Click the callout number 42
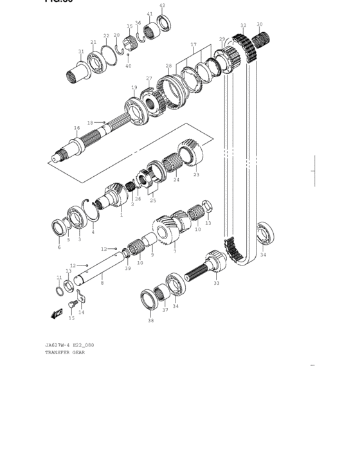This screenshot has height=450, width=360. (x=162, y=6)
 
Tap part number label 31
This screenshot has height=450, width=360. (x=81, y=51)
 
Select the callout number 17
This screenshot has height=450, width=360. (x=193, y=45)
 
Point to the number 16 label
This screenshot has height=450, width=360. (x=76, y=128)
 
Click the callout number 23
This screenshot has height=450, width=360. (x=196, y=174)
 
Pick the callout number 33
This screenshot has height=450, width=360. (x=217, y=283)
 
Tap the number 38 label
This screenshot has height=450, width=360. (x=151, y=320)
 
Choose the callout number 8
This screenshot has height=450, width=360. (x=102, y=283)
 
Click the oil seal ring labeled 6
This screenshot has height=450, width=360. (x=60, y=227)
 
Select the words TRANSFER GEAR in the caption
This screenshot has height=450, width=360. (x=64, y=352)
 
